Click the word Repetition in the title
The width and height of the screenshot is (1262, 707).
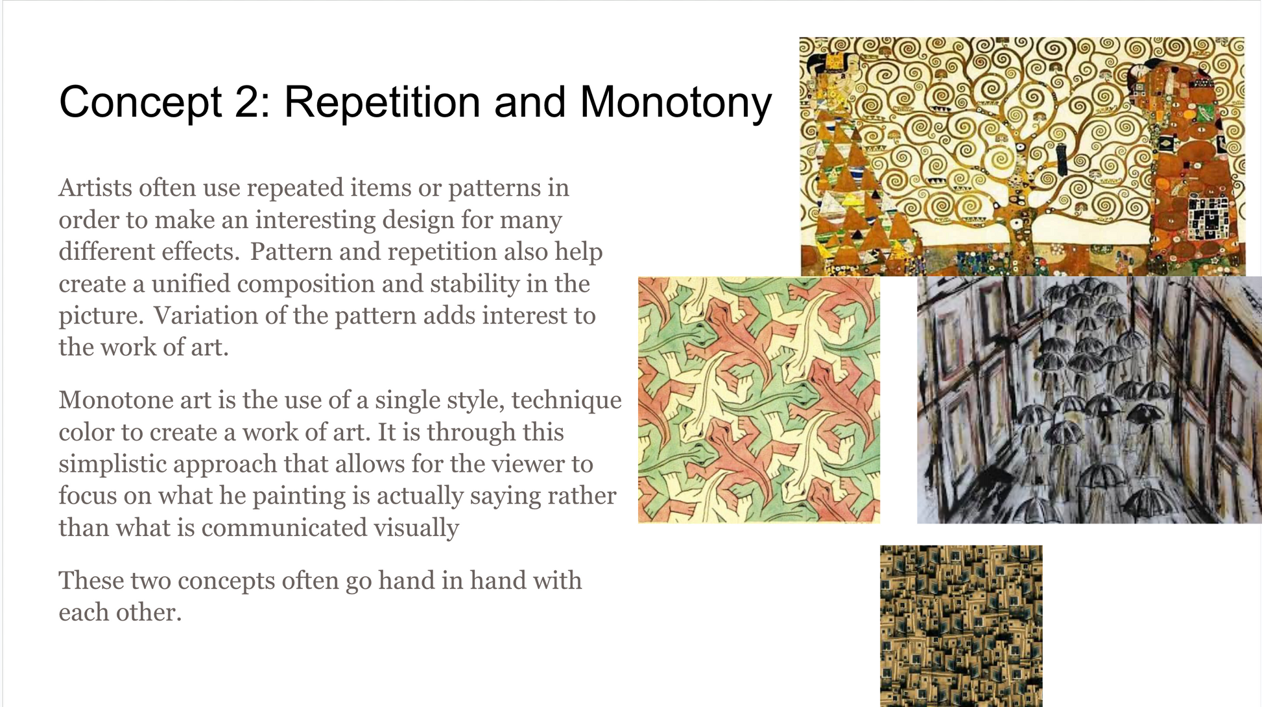click(382, 103)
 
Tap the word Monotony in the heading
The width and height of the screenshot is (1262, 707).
click(675, 103)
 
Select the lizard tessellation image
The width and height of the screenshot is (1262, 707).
click(759, 400)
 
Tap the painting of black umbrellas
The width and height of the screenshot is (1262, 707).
click(1089, 400)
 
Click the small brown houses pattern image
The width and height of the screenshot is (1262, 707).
click(961, 626)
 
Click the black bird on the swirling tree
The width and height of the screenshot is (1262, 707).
click(1062, 159)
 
